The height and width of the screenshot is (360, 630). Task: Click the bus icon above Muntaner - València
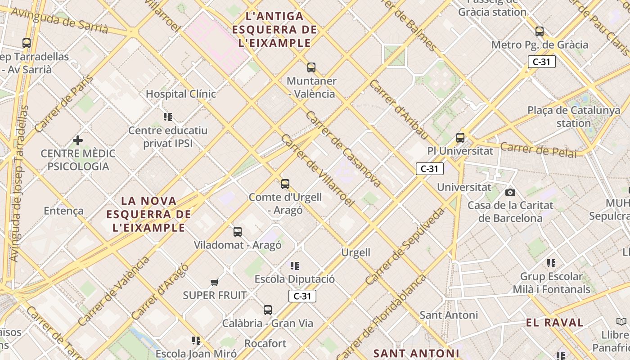(x=311, y=67)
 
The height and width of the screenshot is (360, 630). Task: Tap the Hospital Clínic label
(x=181, y=94)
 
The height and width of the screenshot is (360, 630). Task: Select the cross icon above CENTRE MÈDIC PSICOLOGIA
(x=78, y=140)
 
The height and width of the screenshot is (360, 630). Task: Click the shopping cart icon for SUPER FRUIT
(x=215, y=282)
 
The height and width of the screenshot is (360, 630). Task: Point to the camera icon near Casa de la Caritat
(x=510, y=192)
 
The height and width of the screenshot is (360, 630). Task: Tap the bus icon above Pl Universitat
(x=460, y=138)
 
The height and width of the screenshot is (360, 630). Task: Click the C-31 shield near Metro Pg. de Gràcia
(x=541, y=62)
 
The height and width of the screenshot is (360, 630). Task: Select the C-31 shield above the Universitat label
(x=429, y=169)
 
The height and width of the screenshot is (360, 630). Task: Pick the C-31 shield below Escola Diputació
(x=302, y=296)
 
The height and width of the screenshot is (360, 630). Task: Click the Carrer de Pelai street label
(x=538, y=150)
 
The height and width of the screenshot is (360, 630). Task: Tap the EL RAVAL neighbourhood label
(x=554, y=323)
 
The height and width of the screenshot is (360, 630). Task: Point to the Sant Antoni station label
(x=448, y=315)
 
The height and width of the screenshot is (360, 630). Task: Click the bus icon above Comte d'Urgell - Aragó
(x=285, y=184)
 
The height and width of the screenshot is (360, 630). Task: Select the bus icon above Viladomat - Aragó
(x=237, y=232)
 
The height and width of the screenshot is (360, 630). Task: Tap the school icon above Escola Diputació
(x=295, y=265)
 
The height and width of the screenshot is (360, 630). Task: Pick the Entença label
(x=63, y=211)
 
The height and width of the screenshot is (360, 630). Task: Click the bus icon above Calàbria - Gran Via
(x=267, y=310)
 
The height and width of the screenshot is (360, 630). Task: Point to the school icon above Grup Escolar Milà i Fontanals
(x=551, y=263)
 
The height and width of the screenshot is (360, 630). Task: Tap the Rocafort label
(x=265, y=344)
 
